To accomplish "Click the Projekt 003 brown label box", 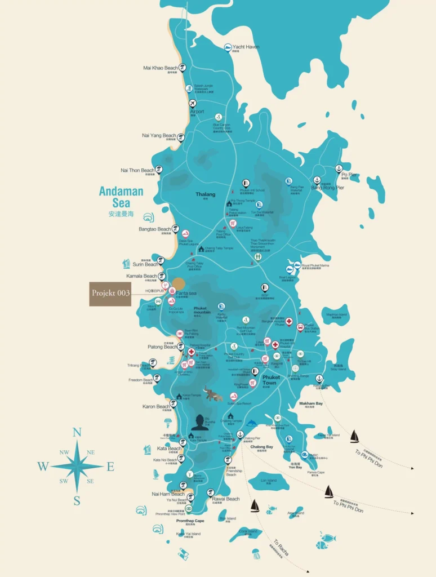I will (x=110, y=294).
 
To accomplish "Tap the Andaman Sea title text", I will (x=121, y=197).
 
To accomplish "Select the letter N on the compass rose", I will (x=77, y=433).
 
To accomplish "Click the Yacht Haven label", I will (x=246, y=47).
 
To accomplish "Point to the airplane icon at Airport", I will (x=193, y=104).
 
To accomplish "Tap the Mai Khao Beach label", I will (x=160, y=68).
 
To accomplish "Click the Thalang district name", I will (x=206, y=195).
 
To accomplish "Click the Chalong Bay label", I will (x=261, y=447).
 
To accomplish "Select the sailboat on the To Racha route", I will (x=255, y=506).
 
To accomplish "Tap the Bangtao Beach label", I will (x=155, y=229).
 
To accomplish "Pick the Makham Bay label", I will (x=311, y=403).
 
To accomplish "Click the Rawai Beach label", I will (x=226, y=499).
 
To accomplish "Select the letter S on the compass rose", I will (x=77, y=501).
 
